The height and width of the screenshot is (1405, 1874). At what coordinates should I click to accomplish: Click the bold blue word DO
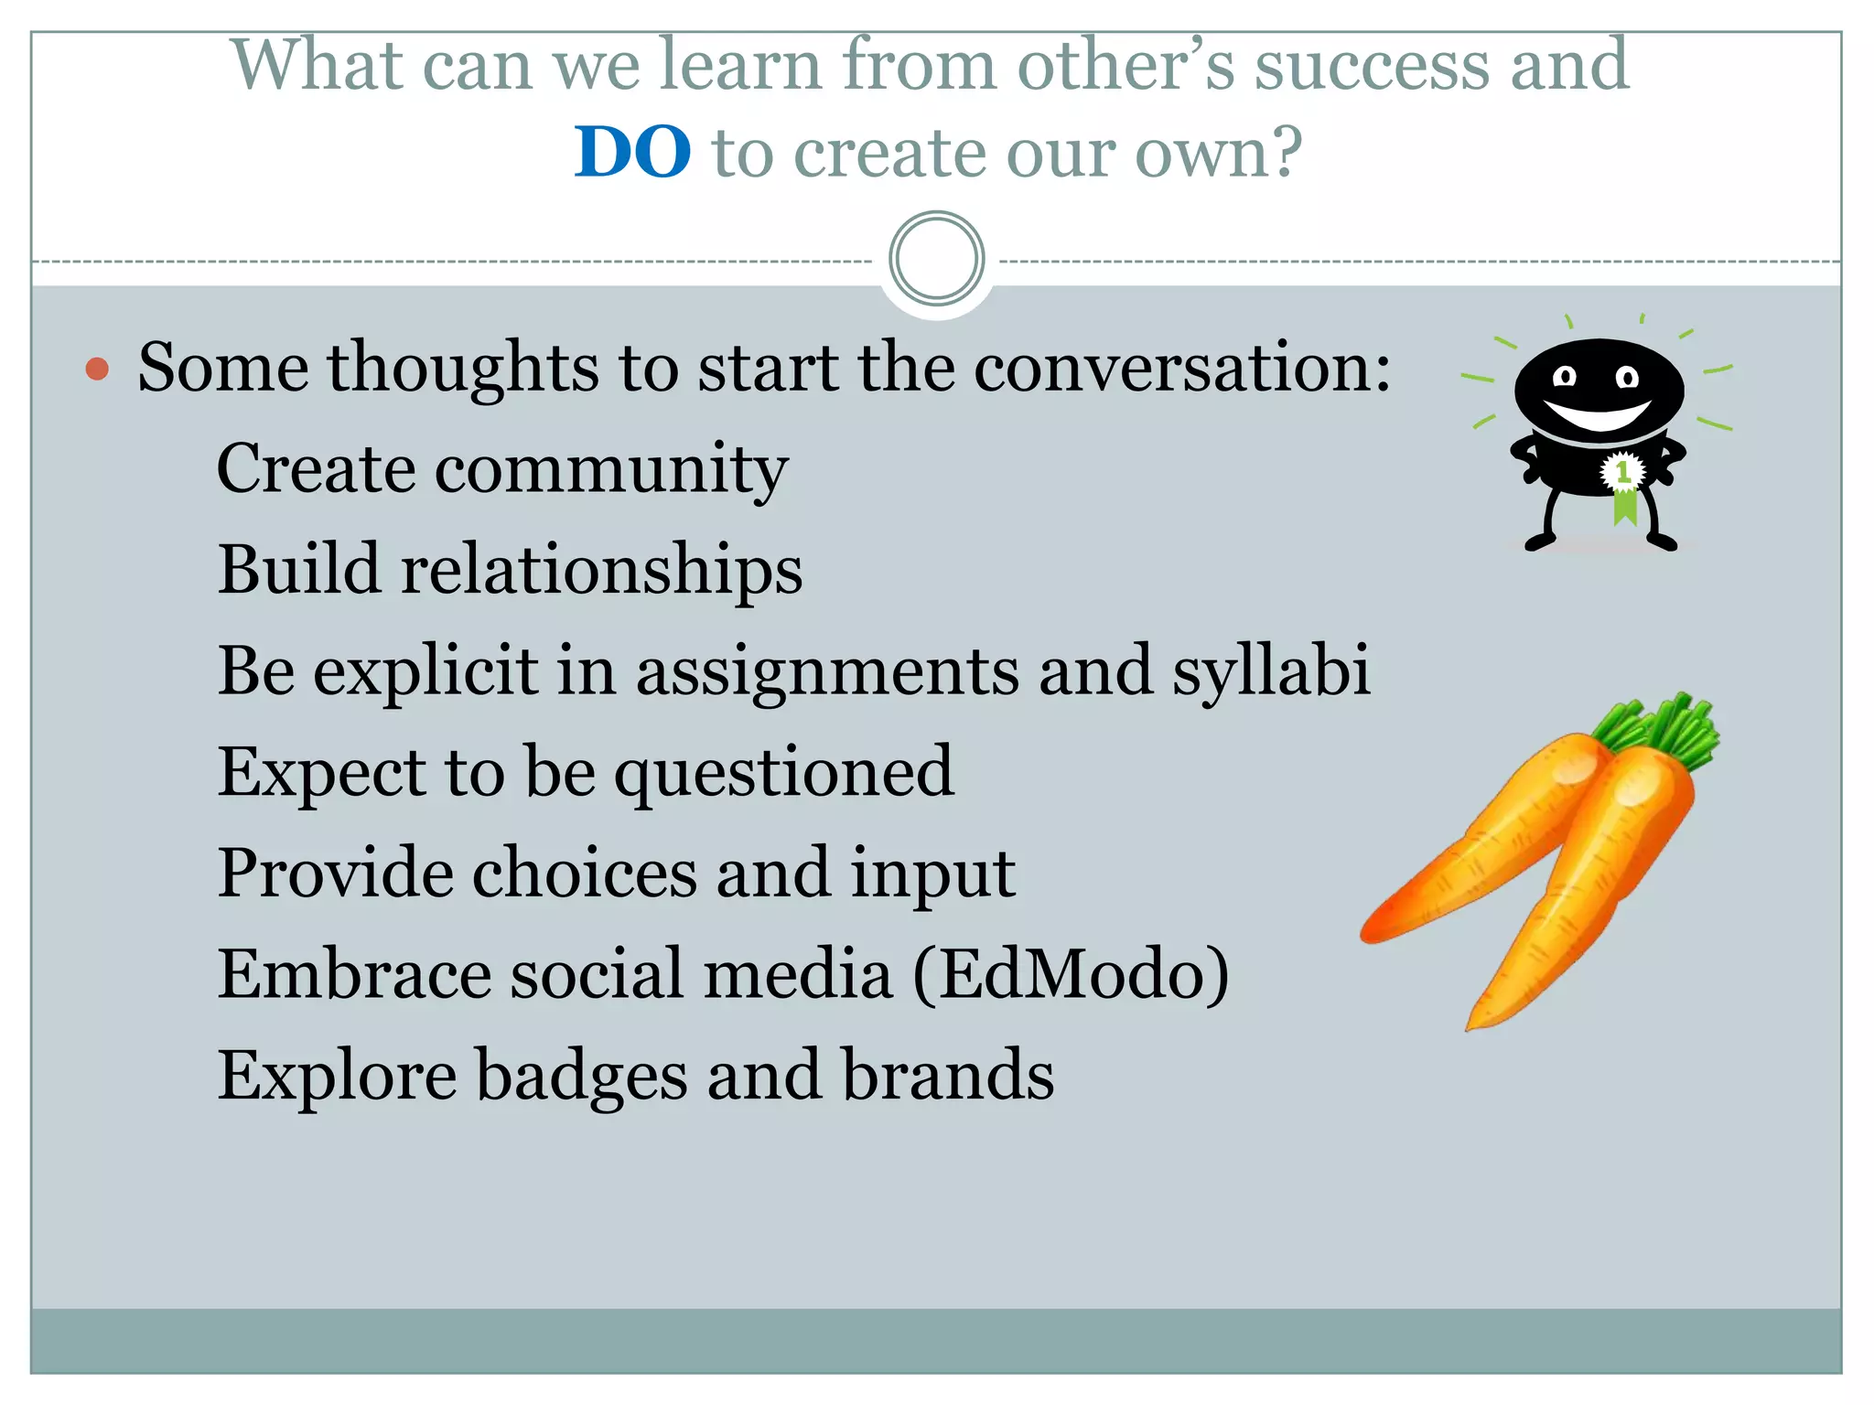point(632,152)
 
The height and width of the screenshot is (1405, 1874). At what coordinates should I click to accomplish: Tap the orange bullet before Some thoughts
point(97,370)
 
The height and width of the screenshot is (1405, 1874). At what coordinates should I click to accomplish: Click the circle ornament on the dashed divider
point(936,259)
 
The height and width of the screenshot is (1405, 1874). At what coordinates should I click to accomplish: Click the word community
point(611,469)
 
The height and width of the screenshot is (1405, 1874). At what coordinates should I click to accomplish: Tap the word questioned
point(783,773)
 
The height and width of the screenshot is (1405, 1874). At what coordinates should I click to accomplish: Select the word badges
point(582,1076)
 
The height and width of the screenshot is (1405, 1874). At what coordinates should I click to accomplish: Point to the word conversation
point(1180,368)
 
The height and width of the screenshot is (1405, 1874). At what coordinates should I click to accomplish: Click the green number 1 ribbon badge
point(1623,479)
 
